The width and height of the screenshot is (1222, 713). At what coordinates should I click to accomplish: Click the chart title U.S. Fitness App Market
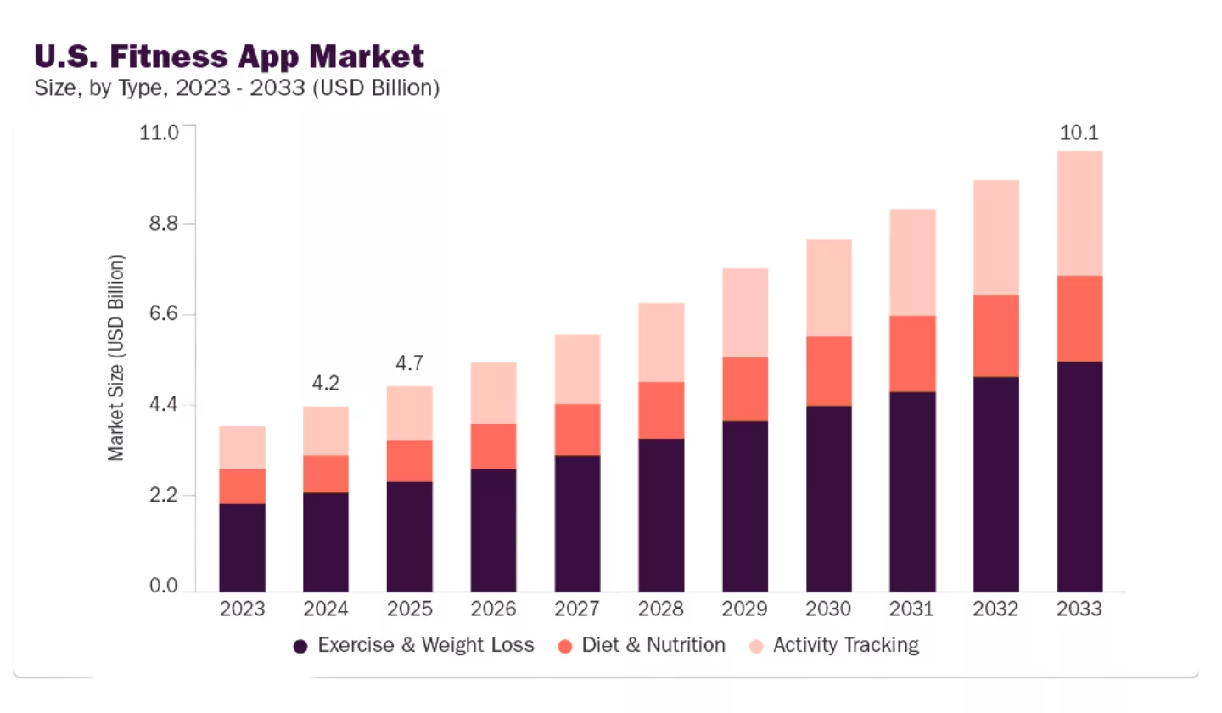pos(228,56)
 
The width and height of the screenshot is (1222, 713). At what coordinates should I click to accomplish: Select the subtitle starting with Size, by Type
pos(237,88)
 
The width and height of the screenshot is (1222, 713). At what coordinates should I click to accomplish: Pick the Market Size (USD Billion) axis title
pos(116,358)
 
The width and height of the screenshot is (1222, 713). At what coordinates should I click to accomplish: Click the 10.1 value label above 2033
pos(1079,132)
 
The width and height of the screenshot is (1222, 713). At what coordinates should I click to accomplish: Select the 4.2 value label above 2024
pos(325,384)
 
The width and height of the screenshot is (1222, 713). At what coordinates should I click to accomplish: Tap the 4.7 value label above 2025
pos(409,363)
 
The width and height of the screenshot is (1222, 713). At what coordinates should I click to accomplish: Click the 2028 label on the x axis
pos(661,609)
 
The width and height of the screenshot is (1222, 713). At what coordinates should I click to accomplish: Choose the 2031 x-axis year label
pos(912,609)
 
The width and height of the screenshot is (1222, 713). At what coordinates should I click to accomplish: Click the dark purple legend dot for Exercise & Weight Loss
pos(300,646)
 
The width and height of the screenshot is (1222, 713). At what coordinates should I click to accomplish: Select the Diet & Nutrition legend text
pos(653,645)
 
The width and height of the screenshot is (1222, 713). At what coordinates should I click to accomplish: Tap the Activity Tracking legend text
pos(845,645)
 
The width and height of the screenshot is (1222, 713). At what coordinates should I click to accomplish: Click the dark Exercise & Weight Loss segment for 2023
pos(242,547)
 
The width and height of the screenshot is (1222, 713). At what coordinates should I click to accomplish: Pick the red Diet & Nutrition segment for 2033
pos(1079,318)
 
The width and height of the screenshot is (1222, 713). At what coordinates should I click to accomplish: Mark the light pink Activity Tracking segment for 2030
pos(828,288)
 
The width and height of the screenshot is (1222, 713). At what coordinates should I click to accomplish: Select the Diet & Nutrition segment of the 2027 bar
pos(577,429)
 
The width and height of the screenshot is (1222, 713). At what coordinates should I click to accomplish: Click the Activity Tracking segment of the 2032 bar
pos(996,238)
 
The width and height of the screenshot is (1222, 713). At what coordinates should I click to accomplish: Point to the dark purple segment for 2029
pos(745,506)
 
